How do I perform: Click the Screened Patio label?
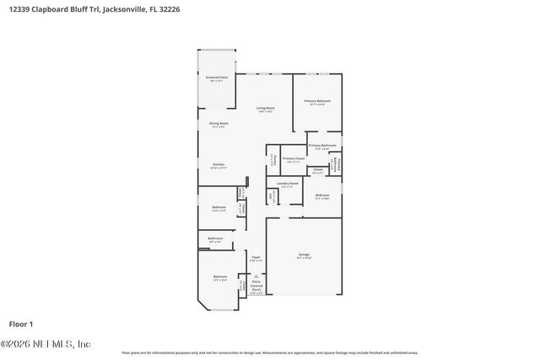217,78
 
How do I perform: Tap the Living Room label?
267,108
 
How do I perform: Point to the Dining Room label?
219,124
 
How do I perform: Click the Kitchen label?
219,164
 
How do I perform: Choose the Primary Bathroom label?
323,146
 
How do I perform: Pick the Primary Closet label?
293,159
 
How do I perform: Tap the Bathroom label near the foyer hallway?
215,239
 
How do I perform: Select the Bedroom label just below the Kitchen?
219,207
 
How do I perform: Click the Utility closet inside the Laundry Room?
272,196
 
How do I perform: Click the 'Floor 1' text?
20,324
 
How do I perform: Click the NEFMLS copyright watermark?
46,344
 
